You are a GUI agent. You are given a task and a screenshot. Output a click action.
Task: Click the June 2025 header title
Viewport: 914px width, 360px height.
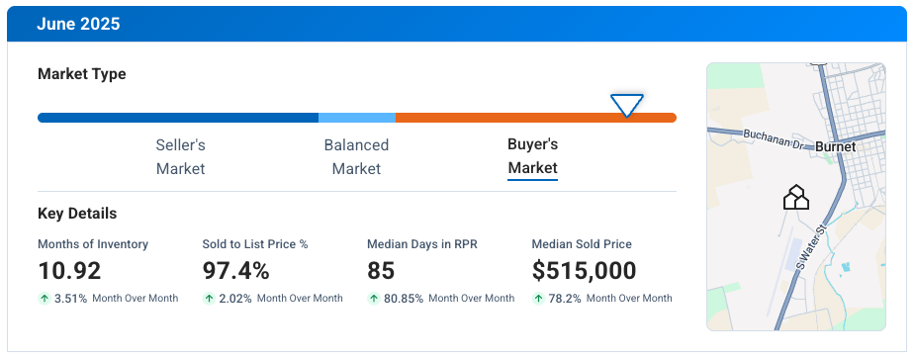[78, 22]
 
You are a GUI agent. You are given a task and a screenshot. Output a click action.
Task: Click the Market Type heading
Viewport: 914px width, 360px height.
[81, 74]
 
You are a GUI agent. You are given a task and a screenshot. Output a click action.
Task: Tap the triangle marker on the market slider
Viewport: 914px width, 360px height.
[627, 105]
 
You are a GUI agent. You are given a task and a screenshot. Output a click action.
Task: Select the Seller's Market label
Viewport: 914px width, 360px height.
[180, 156]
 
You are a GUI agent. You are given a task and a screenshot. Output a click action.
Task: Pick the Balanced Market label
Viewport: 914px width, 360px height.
[356, 156]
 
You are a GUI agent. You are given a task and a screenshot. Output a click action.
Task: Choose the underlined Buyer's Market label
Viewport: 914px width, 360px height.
[533, 156]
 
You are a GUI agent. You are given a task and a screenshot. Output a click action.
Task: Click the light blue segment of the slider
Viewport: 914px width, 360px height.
[357, 118]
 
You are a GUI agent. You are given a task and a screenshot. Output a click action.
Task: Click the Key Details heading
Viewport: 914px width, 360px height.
[77, 214]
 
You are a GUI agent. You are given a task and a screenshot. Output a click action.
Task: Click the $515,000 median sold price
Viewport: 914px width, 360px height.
[584, 270]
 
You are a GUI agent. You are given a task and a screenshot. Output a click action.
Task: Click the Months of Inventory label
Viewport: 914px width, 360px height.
[93, 244]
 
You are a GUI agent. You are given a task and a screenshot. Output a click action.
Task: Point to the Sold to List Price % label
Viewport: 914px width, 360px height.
[255, 244]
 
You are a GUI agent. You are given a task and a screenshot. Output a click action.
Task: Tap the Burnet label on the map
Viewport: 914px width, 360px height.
[836, 146]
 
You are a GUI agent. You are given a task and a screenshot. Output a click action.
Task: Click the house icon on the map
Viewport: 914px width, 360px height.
[796, 198]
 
